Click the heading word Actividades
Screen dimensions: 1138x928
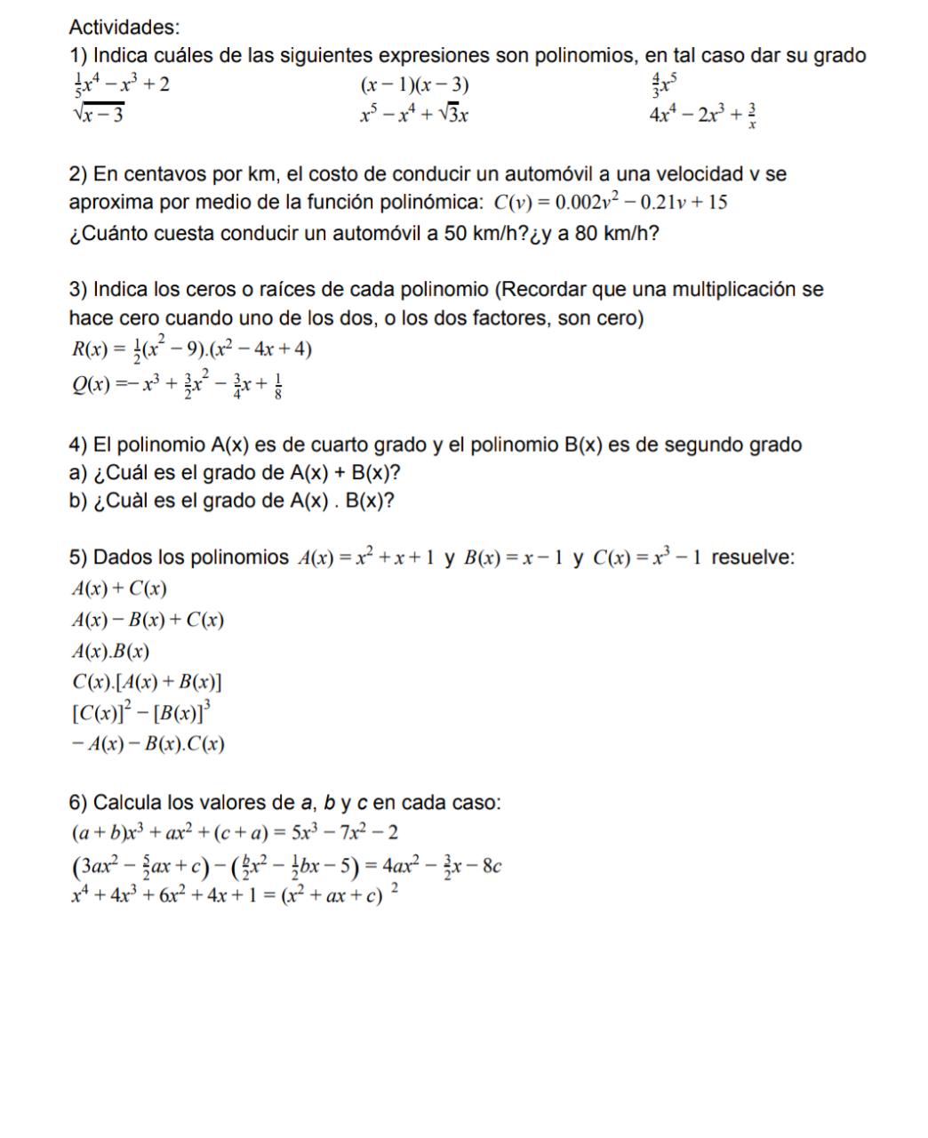point(124,28)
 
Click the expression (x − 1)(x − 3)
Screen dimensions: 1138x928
point(414,85)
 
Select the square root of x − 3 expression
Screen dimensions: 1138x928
point(97,115)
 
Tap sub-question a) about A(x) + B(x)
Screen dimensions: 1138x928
point(241,472)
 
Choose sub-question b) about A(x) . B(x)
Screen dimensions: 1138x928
point(232,501)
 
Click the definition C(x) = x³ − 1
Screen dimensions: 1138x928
point(649,558)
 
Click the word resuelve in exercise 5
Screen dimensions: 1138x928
point(753,558)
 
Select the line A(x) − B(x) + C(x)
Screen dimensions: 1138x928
point(147,620)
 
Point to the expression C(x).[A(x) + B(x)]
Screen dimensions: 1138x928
point(147,682)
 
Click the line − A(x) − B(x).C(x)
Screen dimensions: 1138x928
point(147,744)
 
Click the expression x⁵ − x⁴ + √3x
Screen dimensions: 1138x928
point(414,115)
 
